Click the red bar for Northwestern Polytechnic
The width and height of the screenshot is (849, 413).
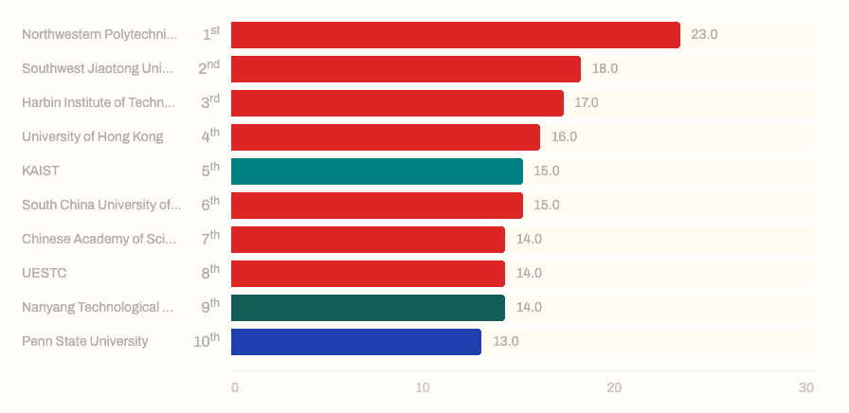[455, 35]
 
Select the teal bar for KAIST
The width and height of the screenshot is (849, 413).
[376, 171]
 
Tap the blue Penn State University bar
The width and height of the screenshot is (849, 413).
[355, 342]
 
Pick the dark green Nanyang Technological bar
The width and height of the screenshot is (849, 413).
[368, 308]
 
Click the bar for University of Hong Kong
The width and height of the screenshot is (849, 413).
[385, 137]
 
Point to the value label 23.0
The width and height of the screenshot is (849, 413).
[704, 35]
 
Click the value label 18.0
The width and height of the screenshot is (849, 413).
[605, 69]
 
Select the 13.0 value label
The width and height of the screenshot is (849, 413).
[505, 342]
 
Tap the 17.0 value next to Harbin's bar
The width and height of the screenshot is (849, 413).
[587, 103]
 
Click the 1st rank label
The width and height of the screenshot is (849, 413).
[210, 34]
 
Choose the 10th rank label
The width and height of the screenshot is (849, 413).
[207, 341]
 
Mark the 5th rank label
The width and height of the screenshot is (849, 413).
[210, 171]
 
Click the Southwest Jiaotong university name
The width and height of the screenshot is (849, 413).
[99, 69]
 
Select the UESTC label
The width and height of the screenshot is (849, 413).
[45, 274]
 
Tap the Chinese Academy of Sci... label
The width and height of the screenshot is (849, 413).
[99, 240]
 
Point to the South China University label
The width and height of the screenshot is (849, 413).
[100, 206]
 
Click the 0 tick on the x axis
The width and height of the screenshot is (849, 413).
[235, 388]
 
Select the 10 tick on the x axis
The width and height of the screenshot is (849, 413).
[423, 388]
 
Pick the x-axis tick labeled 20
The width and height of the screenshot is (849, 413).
[614, 388]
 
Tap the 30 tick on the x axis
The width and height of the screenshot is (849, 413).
[805, 388]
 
